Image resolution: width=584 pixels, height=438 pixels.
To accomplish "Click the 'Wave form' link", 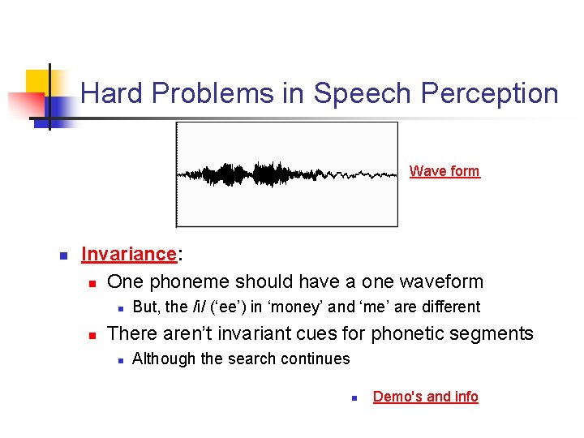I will pos(444,171).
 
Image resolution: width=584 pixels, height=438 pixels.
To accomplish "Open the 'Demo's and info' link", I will pos(425,397).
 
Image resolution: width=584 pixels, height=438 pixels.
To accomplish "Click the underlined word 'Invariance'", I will pos(129,254).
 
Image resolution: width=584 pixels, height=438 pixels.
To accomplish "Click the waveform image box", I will pos(287,174).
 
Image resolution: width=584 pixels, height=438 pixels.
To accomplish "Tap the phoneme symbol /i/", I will pos(195,307).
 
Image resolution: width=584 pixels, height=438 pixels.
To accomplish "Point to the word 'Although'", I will pos(160,359).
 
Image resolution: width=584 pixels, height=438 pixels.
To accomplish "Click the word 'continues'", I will pos(319,359).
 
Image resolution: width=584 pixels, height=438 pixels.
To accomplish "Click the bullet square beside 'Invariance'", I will pos(62,255).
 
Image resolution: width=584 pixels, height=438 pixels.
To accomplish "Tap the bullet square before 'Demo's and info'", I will pos(354,397).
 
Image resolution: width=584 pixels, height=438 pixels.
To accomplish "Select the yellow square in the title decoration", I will pos(37,82).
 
